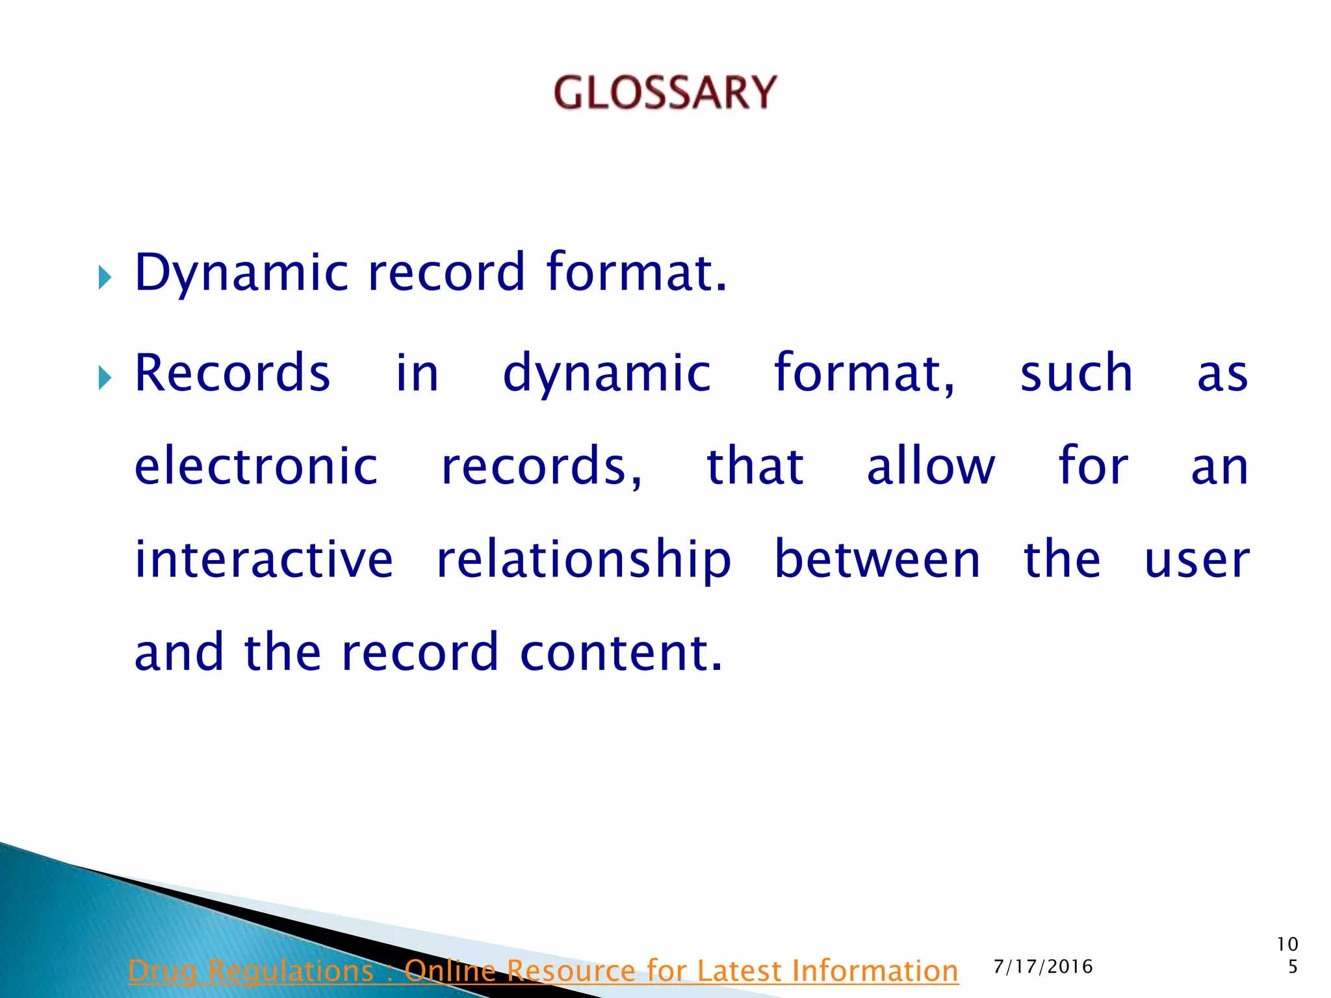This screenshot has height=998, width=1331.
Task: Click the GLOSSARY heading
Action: [x=665, y=92]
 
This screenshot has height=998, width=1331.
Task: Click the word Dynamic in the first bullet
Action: [x=241, y=273]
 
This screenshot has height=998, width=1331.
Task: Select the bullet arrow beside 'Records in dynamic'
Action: [x=105, y=377]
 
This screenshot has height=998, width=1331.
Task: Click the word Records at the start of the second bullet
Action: [x=232, y=373]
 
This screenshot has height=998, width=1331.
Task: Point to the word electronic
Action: [x=256, y=467]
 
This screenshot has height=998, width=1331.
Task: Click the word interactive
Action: [x=264, y=560]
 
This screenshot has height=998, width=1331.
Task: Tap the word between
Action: [x=877, y=560]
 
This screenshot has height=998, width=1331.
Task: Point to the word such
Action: [x=1076, y=373]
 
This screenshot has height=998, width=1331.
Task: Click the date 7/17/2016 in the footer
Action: [x=1043, y=967]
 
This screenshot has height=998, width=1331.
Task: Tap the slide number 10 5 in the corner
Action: [x=1287, y=955]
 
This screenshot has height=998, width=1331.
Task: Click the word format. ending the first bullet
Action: [x=636, y=273]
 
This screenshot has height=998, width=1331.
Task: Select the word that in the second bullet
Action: [x=755, y=467]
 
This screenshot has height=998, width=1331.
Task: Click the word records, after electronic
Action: [x=541, y=467]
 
